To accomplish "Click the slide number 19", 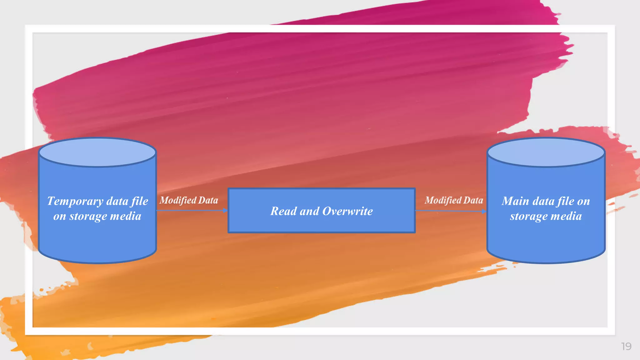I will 626,346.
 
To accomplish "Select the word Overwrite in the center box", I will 347,211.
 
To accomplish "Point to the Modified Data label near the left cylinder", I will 189,200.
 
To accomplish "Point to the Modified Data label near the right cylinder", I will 454,200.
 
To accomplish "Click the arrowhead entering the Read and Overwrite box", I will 225,211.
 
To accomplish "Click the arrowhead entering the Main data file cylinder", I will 484,212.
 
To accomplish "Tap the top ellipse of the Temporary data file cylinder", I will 97,152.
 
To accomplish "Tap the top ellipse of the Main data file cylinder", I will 546,152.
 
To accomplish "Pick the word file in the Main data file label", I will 566,201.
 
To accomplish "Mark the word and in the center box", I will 309,211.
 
